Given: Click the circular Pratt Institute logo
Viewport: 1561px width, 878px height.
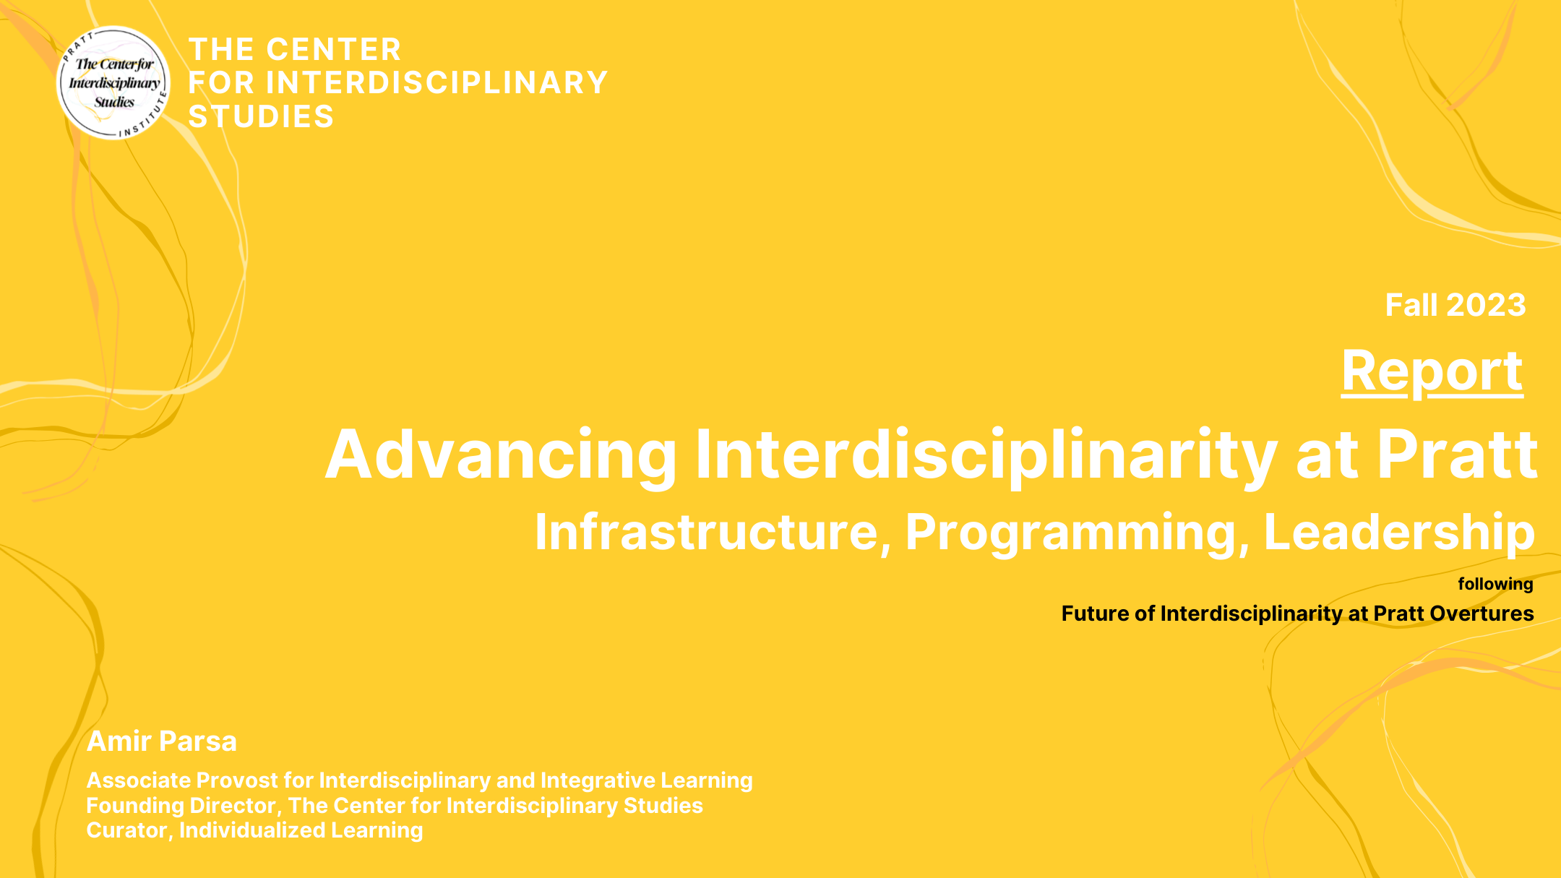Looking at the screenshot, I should click(x=113, y=83).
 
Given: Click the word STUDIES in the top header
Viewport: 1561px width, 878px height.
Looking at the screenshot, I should click(x=261, y=117).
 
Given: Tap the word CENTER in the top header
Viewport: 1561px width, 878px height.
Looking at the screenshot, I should click(x=334, y=50).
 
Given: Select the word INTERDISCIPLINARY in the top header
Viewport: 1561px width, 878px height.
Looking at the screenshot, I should click(x=437, y=83).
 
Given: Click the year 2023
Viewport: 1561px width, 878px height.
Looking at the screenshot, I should click(x=1486, y=305).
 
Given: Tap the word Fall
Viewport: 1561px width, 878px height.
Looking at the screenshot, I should click(x=1411, y=305).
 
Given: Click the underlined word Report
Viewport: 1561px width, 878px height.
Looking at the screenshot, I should click(x=1432, y=371).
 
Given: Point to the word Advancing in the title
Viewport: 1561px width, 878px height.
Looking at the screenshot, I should click(x=500, y=455).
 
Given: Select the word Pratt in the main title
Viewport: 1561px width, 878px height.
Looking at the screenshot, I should click(x=1456, y=455).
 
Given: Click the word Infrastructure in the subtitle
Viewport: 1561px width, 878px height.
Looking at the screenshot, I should click(x=707, y=533).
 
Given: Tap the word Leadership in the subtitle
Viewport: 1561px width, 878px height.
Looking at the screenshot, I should click(x=1398, y=533).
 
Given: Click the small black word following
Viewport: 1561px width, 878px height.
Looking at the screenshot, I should click(x=1495, y=584).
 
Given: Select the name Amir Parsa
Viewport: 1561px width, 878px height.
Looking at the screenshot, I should click(x=162, y=741).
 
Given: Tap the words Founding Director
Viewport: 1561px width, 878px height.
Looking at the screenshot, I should click(x=181, y=806).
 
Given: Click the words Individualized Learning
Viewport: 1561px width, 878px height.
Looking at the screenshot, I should click(x=301, y=830).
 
